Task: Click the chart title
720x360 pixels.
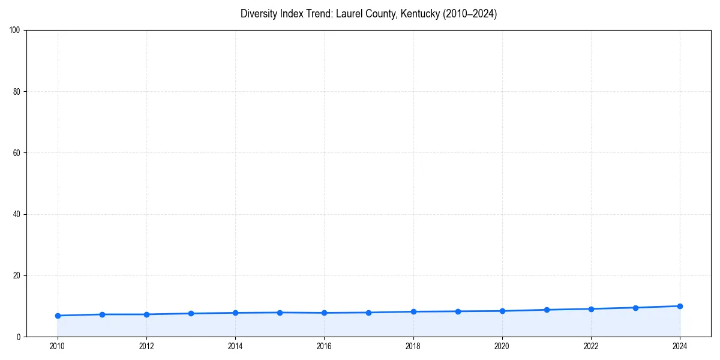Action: pyautogui.click(x=368, y=14)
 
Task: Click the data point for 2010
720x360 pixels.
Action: pyautogui.click(x=58, y=316)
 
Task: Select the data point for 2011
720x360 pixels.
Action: pyautogui.click(x=102, y=314)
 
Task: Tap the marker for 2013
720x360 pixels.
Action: pyautogui.click(x=191, y=313)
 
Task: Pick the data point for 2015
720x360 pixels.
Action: pyautogui.click(x=280, y=313)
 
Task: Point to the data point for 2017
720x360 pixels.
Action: pyautogui.click(x=368, y=313)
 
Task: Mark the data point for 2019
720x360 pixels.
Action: pyautogui.click(x=458, y=311)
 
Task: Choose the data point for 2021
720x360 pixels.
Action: pyautogui.click(x=547, y=310)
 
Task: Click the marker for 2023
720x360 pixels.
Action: pyautogui.click(x=635, y=308)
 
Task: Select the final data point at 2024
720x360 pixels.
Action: pyautogui.click(x=680, y=306)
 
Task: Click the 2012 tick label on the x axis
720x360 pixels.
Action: pyautogui.click(x=146, y=346)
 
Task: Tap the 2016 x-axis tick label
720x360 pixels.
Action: pyautogui.click(x=324, y=346)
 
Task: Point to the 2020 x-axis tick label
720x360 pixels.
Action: pyautogui.click(x=502, y=346)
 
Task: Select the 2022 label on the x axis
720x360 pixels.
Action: pyautogui.click(x=591, y=346)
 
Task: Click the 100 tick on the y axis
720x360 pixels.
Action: pyautogui.click(x=15, y=31)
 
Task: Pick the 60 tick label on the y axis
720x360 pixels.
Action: pyautogui.click(x=17, y=153)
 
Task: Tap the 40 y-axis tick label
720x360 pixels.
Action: pyautogui.click(x=17, y=214)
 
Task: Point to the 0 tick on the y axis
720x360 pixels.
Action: pyautogui.click(x=19, y=337)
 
